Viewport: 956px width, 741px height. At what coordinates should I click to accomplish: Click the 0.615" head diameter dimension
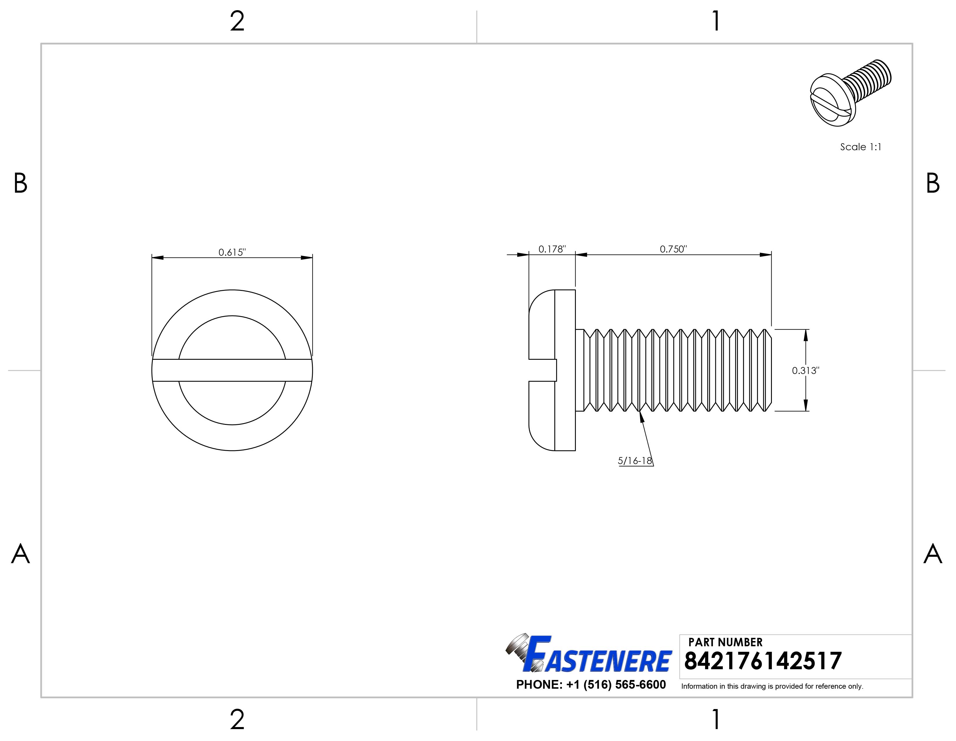pyautogui.click(x=232, y=252)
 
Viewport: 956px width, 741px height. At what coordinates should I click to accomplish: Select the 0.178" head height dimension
pyautogui.click(x=552, y=249)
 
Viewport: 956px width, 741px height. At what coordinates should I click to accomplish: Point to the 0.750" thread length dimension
pyautogui.click(x=673, y=249)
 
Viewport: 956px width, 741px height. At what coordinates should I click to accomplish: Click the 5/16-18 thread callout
pyautogui.click(x=635, y=461)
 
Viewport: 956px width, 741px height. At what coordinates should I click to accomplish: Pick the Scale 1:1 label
pyautogui.click(x=860, y=147)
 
